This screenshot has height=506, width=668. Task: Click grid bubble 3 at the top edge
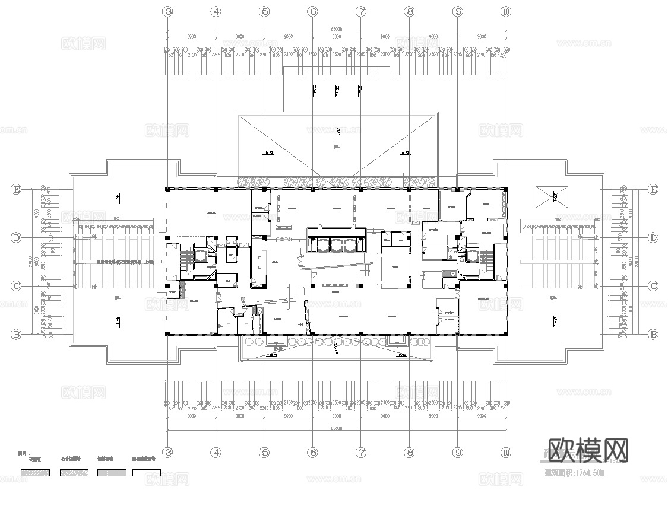(168, 11)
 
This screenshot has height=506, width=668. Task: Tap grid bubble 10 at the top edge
(506, 11)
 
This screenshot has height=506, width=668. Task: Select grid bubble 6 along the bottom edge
(313, 452)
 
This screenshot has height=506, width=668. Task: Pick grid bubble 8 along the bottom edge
(409, 452)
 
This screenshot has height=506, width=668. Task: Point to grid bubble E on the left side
(17, 189)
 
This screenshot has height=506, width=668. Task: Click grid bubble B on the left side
(17, 335)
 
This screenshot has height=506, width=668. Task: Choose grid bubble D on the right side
(653, 238)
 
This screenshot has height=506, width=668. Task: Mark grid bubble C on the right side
(653, 286)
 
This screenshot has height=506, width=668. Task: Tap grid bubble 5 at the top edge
(264, 11)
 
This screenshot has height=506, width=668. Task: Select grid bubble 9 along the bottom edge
(458, 452)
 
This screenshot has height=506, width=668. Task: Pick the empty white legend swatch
(146, 472)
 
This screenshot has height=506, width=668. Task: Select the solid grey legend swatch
(110, 472)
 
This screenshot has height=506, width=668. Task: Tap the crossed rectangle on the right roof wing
(551, 196)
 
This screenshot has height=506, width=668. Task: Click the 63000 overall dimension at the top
(336, 28)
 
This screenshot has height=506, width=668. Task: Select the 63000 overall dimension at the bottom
(336, 428)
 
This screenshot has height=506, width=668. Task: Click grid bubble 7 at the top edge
(361, 11)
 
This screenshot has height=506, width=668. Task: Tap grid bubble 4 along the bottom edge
(216, 452)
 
